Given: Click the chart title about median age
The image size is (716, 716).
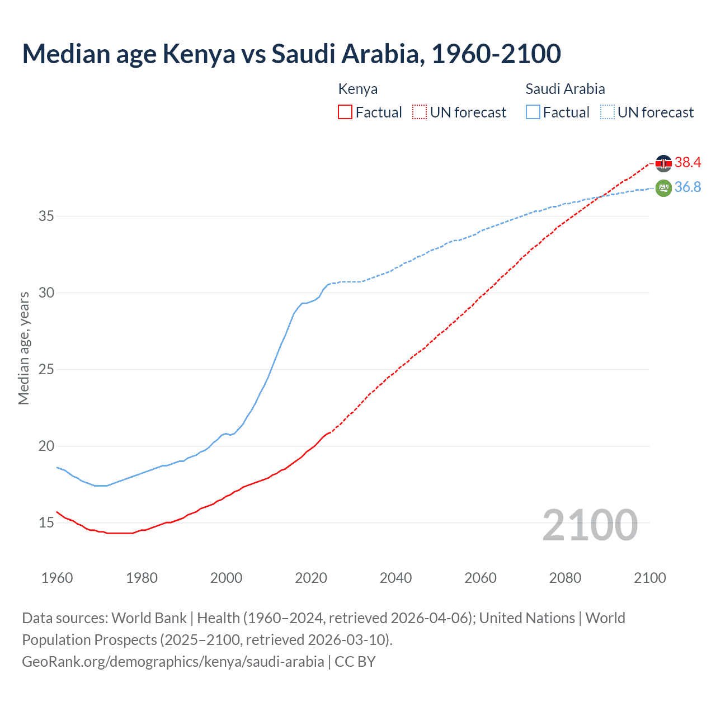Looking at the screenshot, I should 291,54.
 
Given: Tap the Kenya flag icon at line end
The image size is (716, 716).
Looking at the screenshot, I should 663,163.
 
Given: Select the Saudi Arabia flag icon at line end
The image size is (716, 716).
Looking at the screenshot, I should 663,188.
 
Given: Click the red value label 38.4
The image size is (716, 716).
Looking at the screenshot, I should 687,163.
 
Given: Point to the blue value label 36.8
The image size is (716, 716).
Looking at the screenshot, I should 687,187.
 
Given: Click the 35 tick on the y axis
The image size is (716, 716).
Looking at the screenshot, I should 46,216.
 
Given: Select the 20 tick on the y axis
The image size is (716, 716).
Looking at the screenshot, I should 46,446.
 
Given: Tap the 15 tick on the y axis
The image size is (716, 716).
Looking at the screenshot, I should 46,523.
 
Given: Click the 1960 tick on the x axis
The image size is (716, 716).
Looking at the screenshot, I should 57,578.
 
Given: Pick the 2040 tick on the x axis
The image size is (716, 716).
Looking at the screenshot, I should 395,578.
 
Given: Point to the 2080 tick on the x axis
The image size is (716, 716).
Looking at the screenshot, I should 565,578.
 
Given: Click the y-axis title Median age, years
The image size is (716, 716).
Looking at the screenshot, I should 23,348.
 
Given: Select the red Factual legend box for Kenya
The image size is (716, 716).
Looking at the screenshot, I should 345,112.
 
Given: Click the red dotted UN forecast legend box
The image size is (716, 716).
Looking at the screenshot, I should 420,112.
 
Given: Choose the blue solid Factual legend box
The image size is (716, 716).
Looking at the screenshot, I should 533,112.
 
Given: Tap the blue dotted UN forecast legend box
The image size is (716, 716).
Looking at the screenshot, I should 607,112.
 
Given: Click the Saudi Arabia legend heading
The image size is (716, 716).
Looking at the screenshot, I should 565,89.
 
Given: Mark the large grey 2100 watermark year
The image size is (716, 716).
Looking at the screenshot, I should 590,525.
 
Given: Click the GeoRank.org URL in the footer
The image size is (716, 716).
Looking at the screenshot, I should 173,662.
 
